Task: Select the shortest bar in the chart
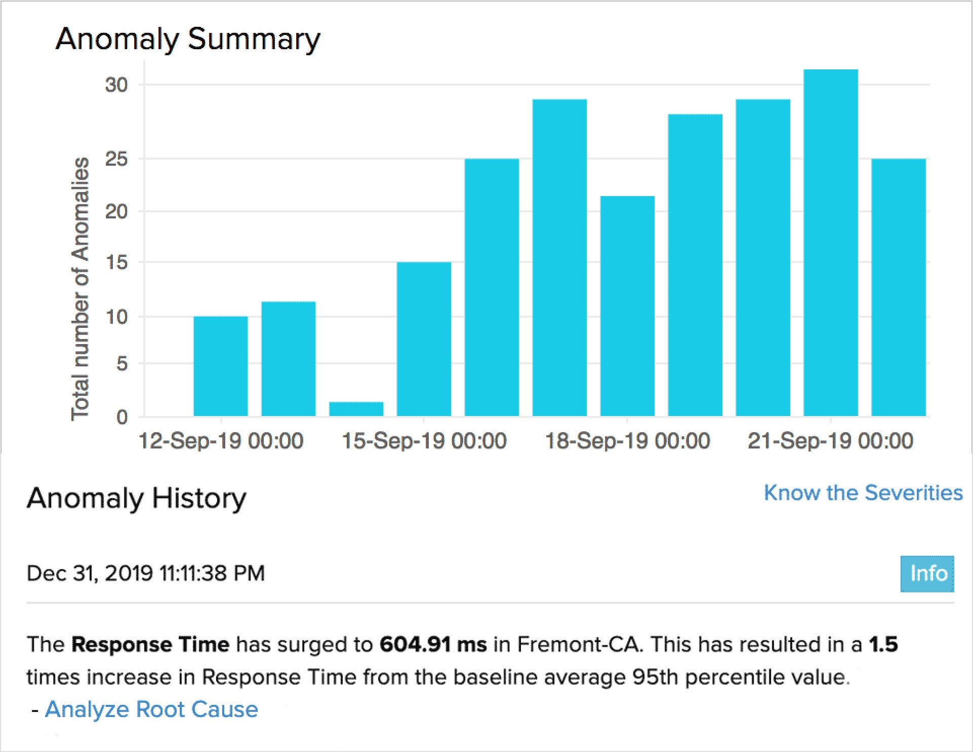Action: [x=356, y=408]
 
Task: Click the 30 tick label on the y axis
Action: [x=116, y=85]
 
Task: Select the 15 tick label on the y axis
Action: [x=116, y=262]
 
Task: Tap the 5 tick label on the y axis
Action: [x=121, y=363]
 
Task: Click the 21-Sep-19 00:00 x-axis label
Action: [x=830, y=440]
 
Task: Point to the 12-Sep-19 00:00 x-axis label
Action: [x=221, y=440]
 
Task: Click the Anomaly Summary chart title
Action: [x=188, y=39]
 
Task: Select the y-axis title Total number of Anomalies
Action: [x=80, y=289]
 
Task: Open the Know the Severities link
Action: [x=863, y=493]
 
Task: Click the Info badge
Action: [x=927, y=574]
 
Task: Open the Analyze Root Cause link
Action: [x=151, y=709]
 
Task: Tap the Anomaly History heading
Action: [x=137, y=498]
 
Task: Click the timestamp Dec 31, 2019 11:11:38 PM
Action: [x=146, y=574]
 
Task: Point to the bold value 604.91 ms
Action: [x=433, y=645]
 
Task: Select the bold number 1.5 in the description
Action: [x=883, y=645]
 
